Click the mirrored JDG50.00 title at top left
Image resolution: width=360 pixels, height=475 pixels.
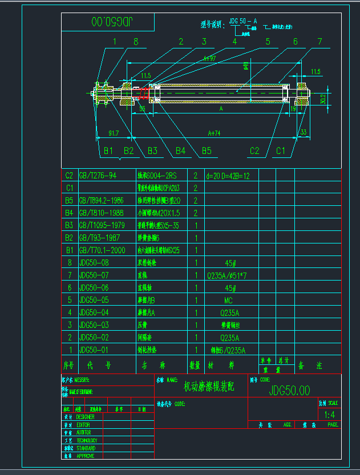108,22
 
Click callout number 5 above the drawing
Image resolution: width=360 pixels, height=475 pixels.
268,41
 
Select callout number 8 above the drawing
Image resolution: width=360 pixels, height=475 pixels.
135,41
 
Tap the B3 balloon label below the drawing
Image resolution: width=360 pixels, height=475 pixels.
152,151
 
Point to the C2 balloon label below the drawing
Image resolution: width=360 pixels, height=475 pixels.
254,151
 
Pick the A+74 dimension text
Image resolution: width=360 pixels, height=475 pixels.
214,133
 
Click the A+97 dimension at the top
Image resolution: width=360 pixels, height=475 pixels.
210,58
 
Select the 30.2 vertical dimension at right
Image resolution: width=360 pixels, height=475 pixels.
322,99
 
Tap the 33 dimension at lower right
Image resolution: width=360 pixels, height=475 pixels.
303,133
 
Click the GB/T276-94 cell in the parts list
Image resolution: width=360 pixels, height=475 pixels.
98,176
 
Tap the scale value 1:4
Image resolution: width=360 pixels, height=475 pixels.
329,415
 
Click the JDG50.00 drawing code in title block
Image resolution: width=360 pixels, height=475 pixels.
289,391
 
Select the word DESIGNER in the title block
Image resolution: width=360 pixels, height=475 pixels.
86,417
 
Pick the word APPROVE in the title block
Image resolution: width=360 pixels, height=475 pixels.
86,456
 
